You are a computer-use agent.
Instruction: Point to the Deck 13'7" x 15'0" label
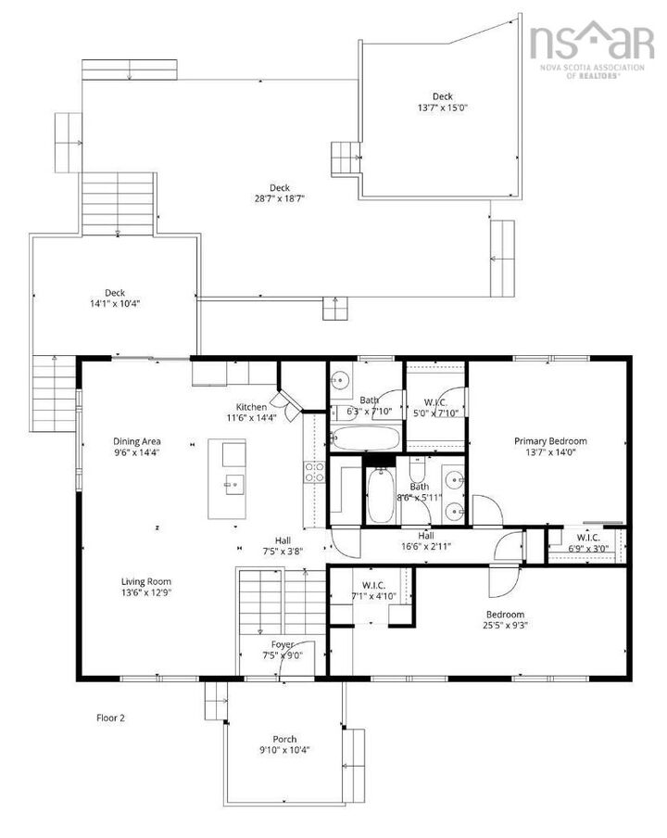[x=442, y=102]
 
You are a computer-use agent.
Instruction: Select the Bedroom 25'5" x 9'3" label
[x=506, y=620]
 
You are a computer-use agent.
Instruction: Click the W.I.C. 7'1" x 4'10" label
[x=373, y=590]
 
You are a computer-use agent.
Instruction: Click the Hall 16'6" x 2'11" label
[x=426, y=541]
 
